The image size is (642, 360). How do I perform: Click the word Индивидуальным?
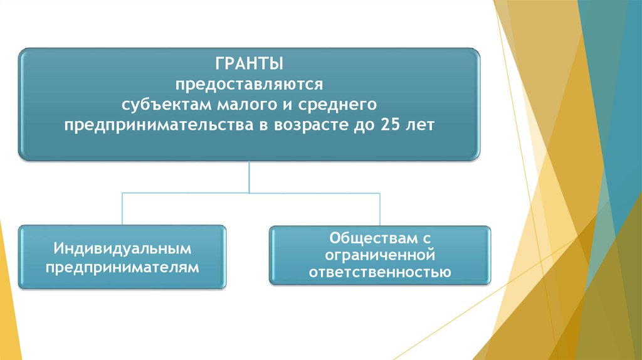[122, 249]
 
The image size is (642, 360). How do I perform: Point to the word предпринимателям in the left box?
[122, 267]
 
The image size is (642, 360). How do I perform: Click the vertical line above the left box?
[122, 209]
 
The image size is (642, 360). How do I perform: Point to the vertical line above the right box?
[380, 209]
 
